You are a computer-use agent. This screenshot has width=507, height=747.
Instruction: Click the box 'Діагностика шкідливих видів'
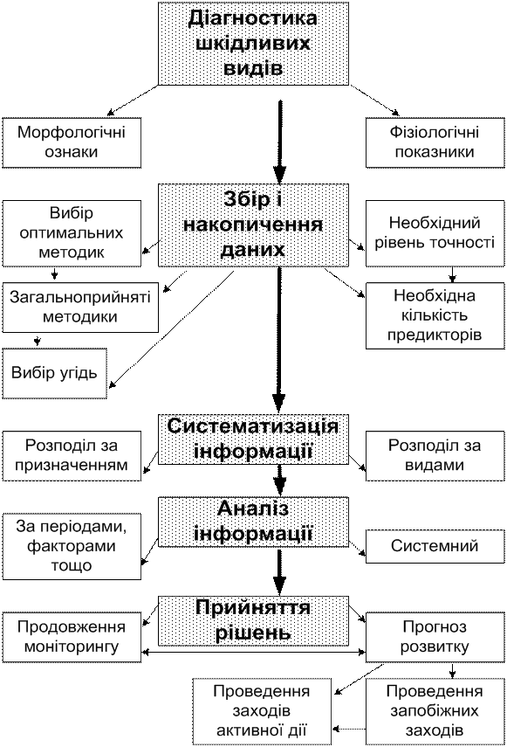coord(253,44)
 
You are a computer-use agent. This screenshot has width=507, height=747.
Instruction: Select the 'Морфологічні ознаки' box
coord(72,142)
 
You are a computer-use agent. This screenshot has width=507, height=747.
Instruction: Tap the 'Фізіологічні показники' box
coord(435,142)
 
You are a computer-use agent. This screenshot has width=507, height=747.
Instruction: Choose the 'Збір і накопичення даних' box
coord(253,225)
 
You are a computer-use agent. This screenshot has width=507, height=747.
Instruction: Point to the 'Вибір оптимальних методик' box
coord(72,233)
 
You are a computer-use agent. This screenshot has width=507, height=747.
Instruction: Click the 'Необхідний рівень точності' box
coord(435,233)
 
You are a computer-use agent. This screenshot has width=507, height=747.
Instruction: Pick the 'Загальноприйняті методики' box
coord(80,308)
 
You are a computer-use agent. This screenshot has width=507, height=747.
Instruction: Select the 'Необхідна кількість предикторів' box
coord(435,316)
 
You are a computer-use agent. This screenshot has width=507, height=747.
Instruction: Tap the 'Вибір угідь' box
coord(54,374)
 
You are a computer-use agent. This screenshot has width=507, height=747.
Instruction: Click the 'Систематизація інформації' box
coord(253,439)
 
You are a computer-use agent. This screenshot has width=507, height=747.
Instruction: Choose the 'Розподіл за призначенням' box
coord(72,456)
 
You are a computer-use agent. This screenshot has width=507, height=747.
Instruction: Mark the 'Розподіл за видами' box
coord(435,456)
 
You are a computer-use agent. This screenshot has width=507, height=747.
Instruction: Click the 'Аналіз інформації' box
coord(253,522)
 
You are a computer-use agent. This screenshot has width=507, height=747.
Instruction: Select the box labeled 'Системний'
coord(435,546)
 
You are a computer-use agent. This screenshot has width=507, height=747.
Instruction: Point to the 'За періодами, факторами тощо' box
coord(72,546)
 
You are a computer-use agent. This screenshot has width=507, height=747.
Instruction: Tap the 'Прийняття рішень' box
coord(253,621)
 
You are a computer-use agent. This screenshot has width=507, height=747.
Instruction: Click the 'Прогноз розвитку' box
coord(435,637)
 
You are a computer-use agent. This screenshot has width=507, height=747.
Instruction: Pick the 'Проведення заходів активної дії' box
coord(262,711)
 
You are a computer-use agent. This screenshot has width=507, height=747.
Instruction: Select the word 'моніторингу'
coord(72,647)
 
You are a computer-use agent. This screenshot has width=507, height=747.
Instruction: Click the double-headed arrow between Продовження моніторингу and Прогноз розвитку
coord(253,652)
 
